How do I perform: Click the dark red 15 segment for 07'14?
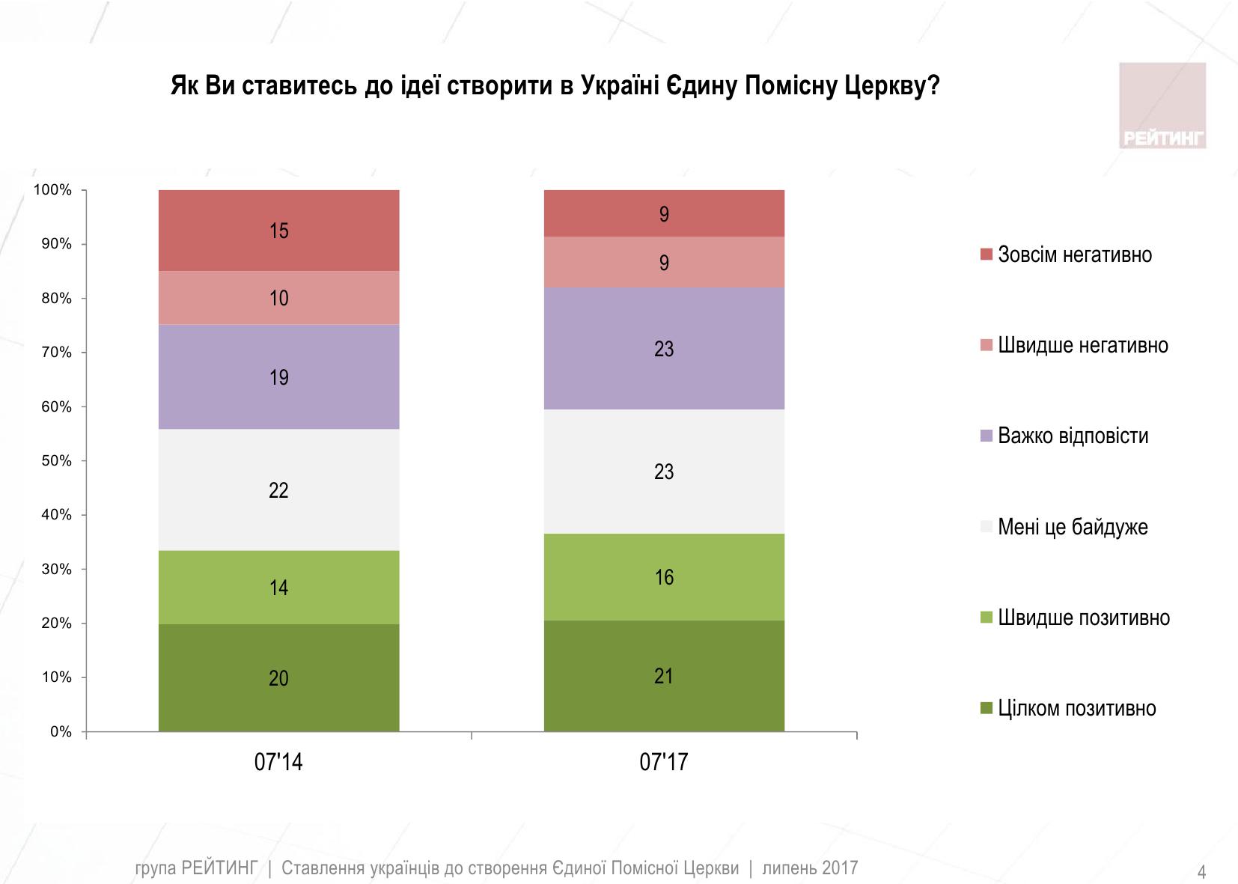(x=278, y=231)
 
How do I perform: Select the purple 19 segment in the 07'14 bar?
(x=278, y=377)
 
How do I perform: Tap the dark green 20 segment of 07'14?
(x=278, y=678)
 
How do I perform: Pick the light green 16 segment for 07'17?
(x=664, y=577)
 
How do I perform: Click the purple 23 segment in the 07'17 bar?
(x=664, y=349)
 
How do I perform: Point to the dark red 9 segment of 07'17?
(x=664, y=214)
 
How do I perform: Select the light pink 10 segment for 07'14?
(x=278, y=298)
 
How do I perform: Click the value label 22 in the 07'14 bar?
(x=278, y=490)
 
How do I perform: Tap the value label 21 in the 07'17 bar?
(x=664, y=677)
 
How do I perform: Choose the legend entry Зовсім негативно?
(x=1075, y=255)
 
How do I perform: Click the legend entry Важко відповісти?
(x=1073, y=436)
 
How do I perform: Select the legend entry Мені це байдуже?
(x=1073, y=527)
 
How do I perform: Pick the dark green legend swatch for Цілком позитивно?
(x=987, y=708)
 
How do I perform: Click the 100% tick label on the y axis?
(x=53, y=190)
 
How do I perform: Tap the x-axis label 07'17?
(x=664, y=763)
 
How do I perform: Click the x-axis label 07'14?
(x=278, y=763)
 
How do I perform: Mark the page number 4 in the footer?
(x=1202, y=872)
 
